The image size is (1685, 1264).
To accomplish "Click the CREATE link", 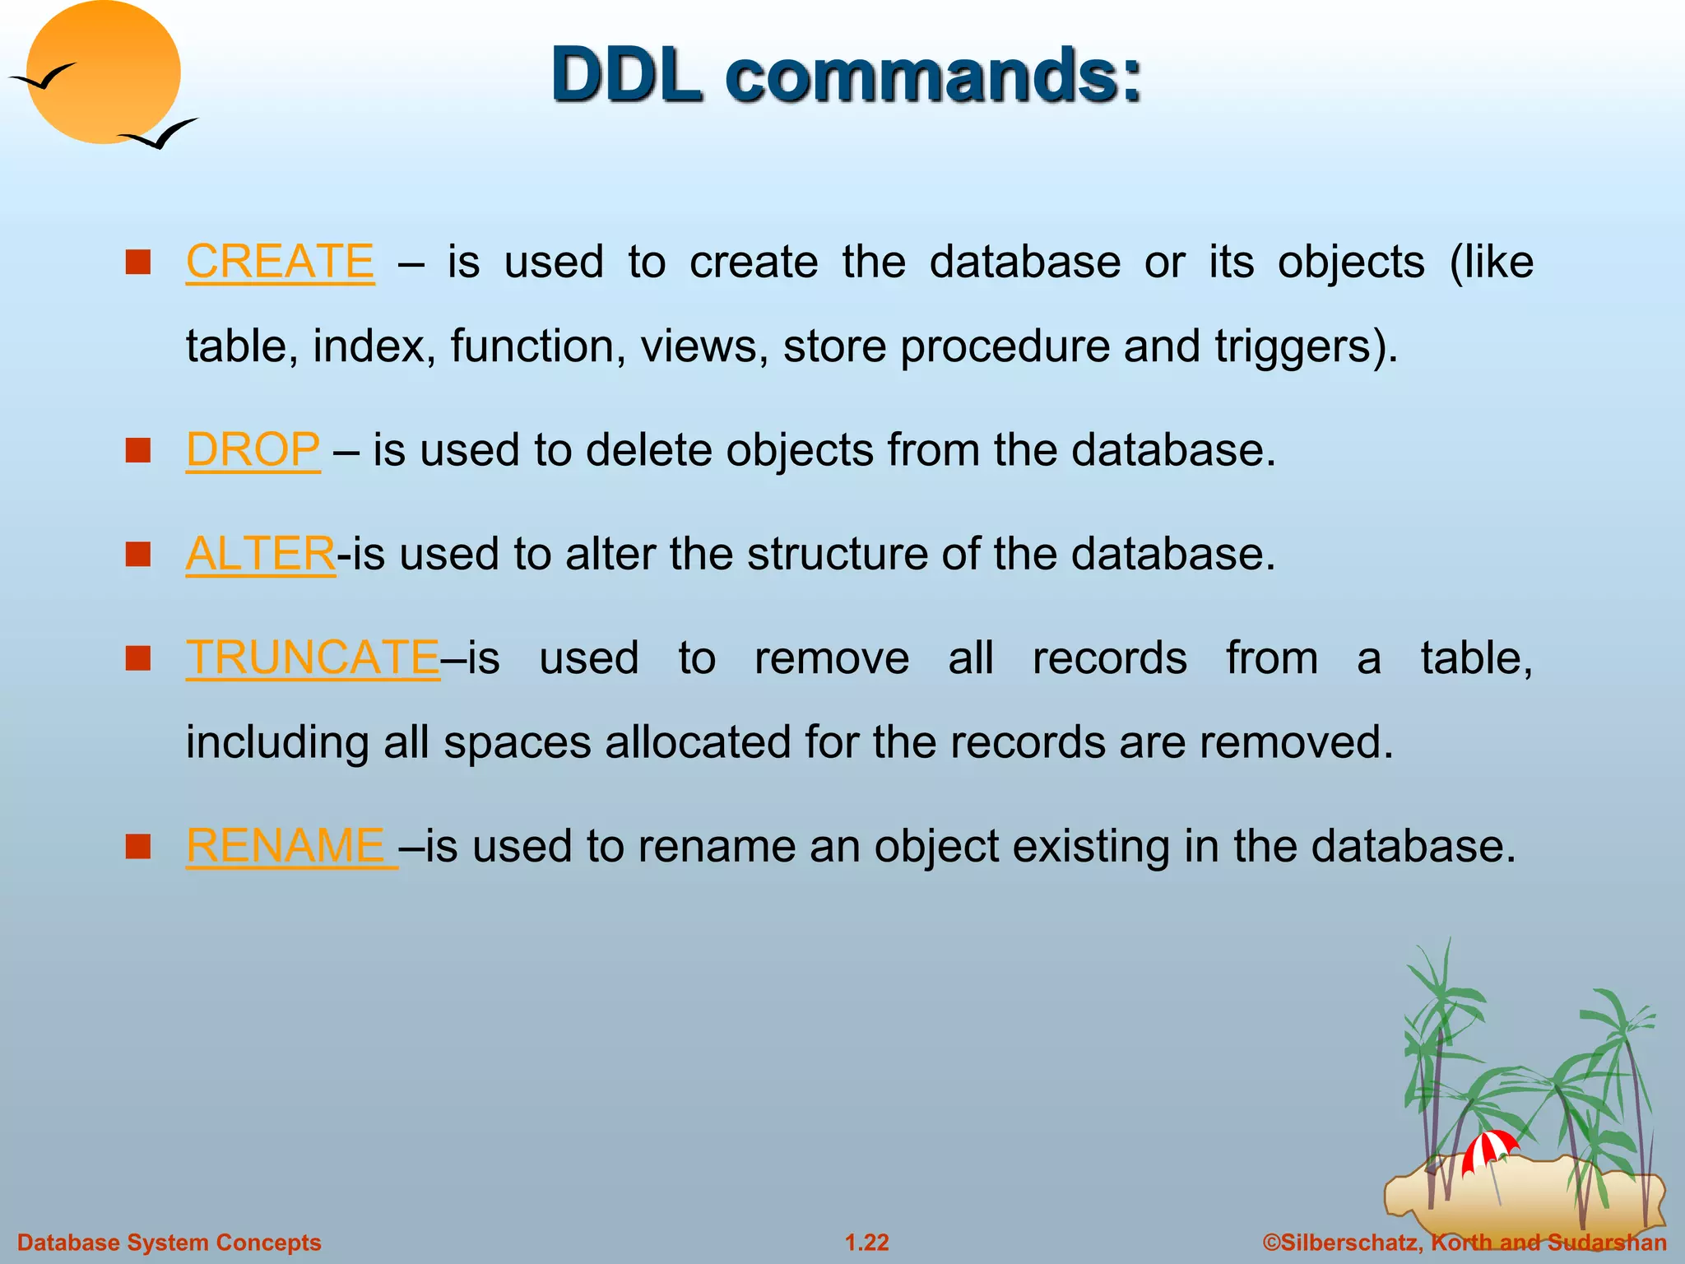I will (x=280, y=262).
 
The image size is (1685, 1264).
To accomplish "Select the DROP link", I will (x=253, y=450).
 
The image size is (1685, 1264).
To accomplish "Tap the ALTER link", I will (x=260, y=554).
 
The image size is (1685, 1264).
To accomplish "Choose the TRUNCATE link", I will (x=313, y=658).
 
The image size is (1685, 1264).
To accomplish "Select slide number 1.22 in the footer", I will (x=867, y=1243).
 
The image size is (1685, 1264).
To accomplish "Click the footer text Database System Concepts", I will (x=169, y=1243).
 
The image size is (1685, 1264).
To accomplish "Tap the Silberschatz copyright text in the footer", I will (x=1465, y=1243).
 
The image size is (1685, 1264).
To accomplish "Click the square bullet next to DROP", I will (x=137, y=450).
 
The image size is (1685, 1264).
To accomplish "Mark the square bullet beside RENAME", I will (x=137, y=846).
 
